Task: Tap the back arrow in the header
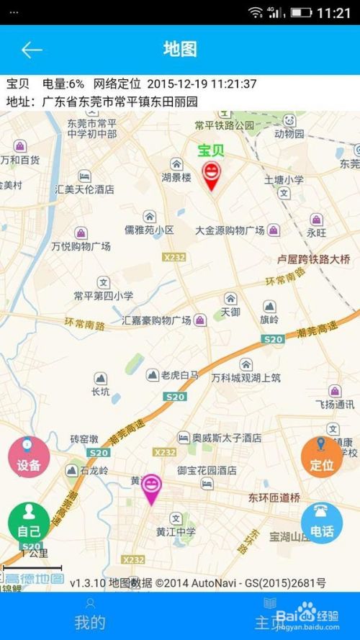32,50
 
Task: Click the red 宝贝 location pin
211,175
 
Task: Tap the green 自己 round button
29,524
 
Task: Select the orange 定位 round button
322,458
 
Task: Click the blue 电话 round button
322,523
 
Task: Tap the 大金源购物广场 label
230,230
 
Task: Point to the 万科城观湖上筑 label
246,377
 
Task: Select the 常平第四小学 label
103,295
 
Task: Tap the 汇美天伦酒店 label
85,189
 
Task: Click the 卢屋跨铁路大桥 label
314,259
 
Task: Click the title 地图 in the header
180,49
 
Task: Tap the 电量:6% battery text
63,84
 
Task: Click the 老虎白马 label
180,375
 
